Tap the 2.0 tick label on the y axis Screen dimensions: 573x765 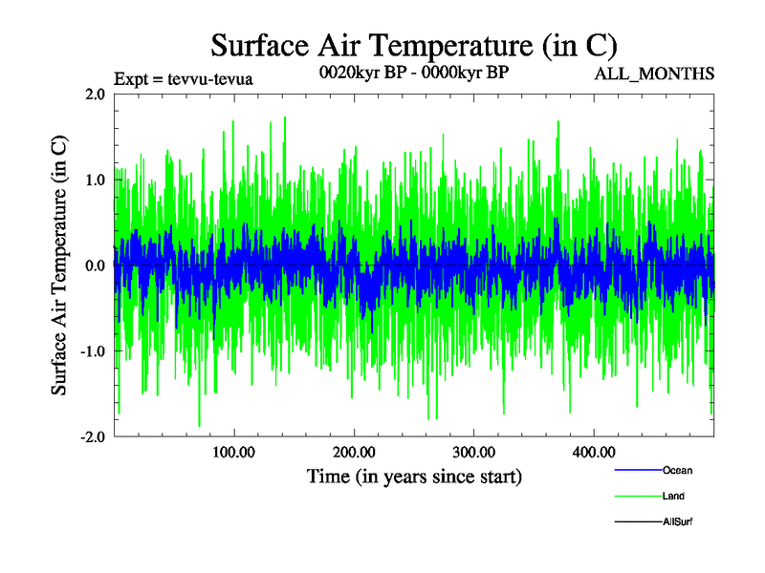click(x=95, y=94)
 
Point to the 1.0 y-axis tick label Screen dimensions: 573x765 click(x=95, y=180)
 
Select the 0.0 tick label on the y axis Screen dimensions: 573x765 click(x=95, y=265)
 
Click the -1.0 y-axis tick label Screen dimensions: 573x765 click(x=92, y=351)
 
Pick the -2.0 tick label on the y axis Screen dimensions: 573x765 click(x=92, y=436)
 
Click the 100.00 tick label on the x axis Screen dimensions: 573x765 click(x=232, y=452)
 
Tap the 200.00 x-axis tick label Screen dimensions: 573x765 click(x=353, y=452)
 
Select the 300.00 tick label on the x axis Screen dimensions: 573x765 click(x=472, y=452)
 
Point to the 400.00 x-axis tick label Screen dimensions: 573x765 click(x=593, y=452)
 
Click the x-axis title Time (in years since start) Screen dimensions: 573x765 click(x=413, y=476)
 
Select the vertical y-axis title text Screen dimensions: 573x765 click(x=59, y=265)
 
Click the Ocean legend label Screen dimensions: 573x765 click(x=677, y=471)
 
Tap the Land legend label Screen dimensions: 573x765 click(x=673, y=497)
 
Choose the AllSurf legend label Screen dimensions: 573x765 click(x=677, y=521)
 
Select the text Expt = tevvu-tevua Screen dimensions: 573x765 click(x=182, y=78)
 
